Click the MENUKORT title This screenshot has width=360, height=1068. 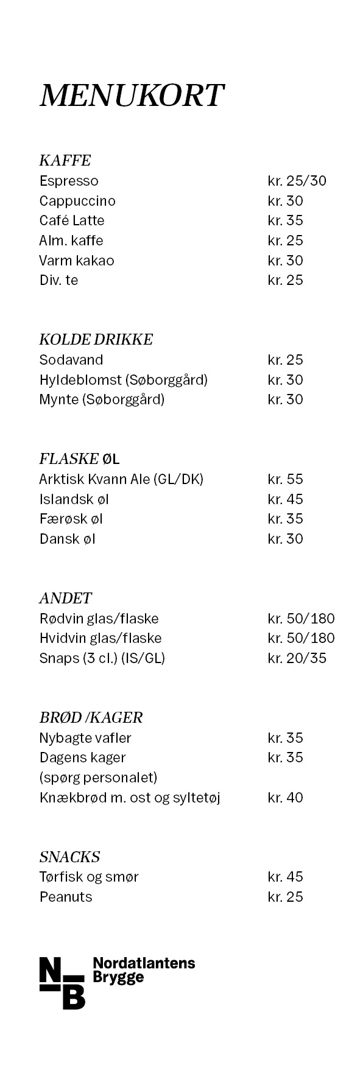tap(132, 96)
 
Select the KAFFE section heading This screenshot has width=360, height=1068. tap(65, 161)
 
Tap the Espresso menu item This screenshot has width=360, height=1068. tap(69, 181)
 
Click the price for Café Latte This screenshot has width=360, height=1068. tap(285, 220)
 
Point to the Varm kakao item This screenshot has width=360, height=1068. tap(77, 261)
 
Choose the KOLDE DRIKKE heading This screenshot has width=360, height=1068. tap(96, 340)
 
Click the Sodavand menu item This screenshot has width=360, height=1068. tap(71, 360)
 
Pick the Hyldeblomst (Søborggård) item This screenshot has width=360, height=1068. tap(124, 380)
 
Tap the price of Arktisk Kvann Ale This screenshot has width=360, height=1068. tap(285, 479)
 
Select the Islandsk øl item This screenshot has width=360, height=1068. tap(74, 499)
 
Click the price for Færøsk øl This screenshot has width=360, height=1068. tap(285, 519)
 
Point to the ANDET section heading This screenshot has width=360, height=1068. tap(65, 598)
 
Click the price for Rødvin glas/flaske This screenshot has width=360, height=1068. tap(301, 619)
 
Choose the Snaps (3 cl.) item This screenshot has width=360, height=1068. tap(102, 658)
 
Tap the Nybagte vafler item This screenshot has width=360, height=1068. tap(85, 738)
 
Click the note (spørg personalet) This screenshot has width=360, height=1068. tap(98, 778)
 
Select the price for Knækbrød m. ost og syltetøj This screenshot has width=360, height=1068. tap(285, 798)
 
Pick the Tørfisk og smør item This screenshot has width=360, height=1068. tap(89, 877)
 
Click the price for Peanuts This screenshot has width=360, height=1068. tap(285, 897)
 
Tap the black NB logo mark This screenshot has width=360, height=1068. tap(62, 983)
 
